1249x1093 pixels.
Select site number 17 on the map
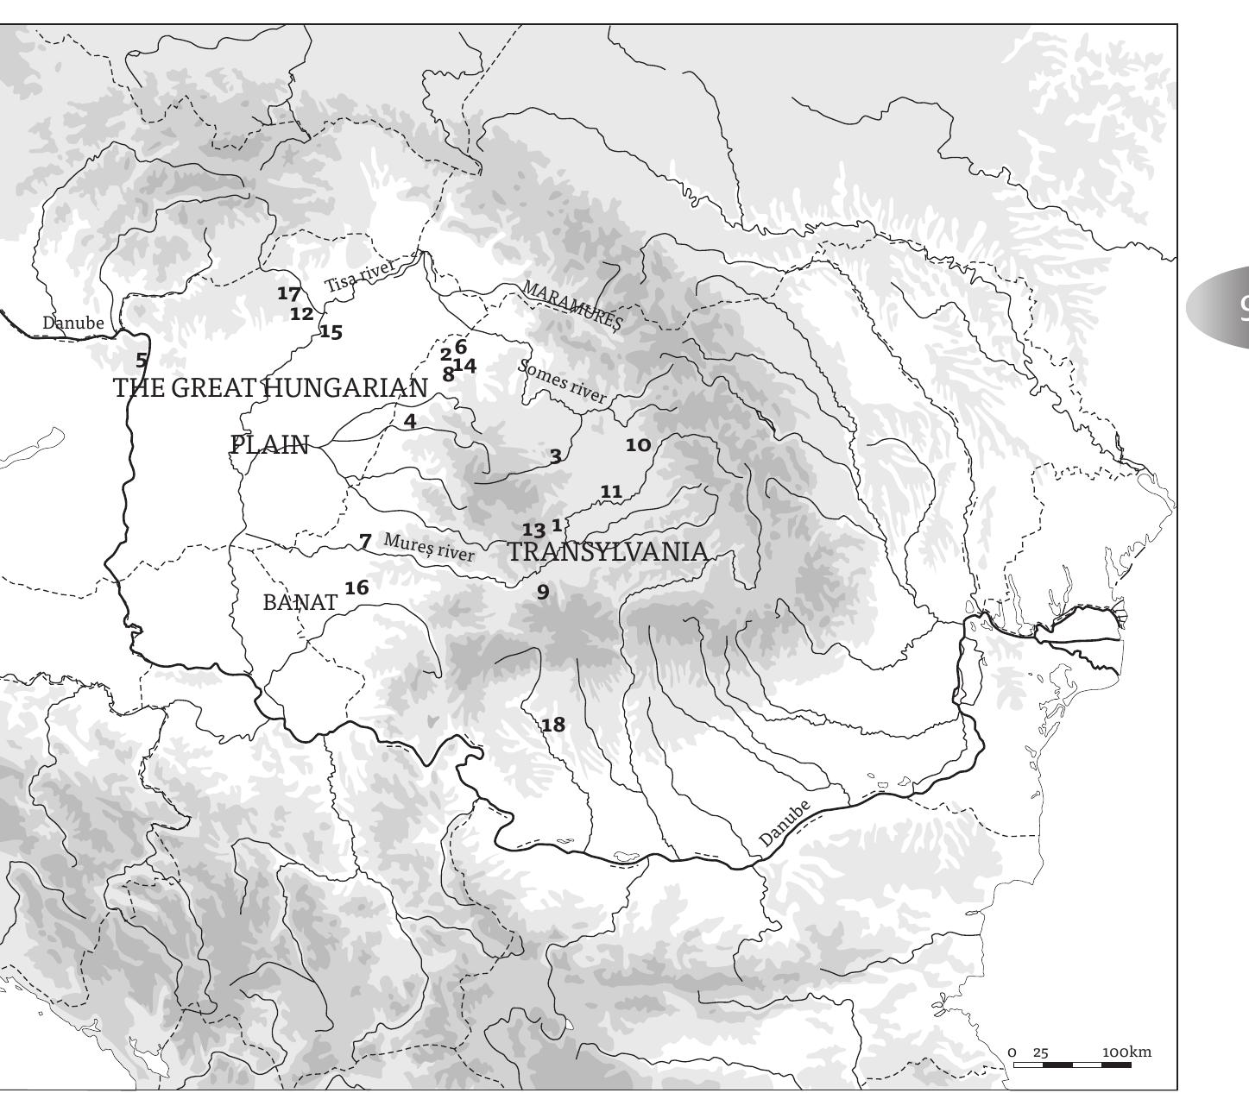pyautogui.click(x=289, y=293)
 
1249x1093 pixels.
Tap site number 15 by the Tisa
pyautogui.click(x=331, y=332)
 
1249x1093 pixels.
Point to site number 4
pyautogui.click(x=410, y=421)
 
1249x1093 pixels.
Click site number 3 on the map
pyautogui.click(x=555, y=455)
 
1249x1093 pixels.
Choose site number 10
pyautogui.click(x=638, y=445)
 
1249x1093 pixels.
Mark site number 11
pyautogui.click(x=611, y=492)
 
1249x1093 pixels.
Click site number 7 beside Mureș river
pyautogui.click(x=365, y=542)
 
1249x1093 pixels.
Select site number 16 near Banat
pyautogui.click(x=356, y=588)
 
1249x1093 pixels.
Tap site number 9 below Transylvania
pyautogui.click(x=543, y=591)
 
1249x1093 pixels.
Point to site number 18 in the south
pyautogui.click(x=553, y=725)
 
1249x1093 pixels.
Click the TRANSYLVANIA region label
pyautogui.click(x=608, y=552)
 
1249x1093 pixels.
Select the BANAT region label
pyautogui.click(x=300, y=602)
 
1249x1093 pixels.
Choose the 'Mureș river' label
pyautogui.click(x=429, y=548)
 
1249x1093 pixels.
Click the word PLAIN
pyautogui.click(x=270, y=445)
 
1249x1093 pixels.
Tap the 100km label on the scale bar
pyautogui.click(x=1126, y=1052)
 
